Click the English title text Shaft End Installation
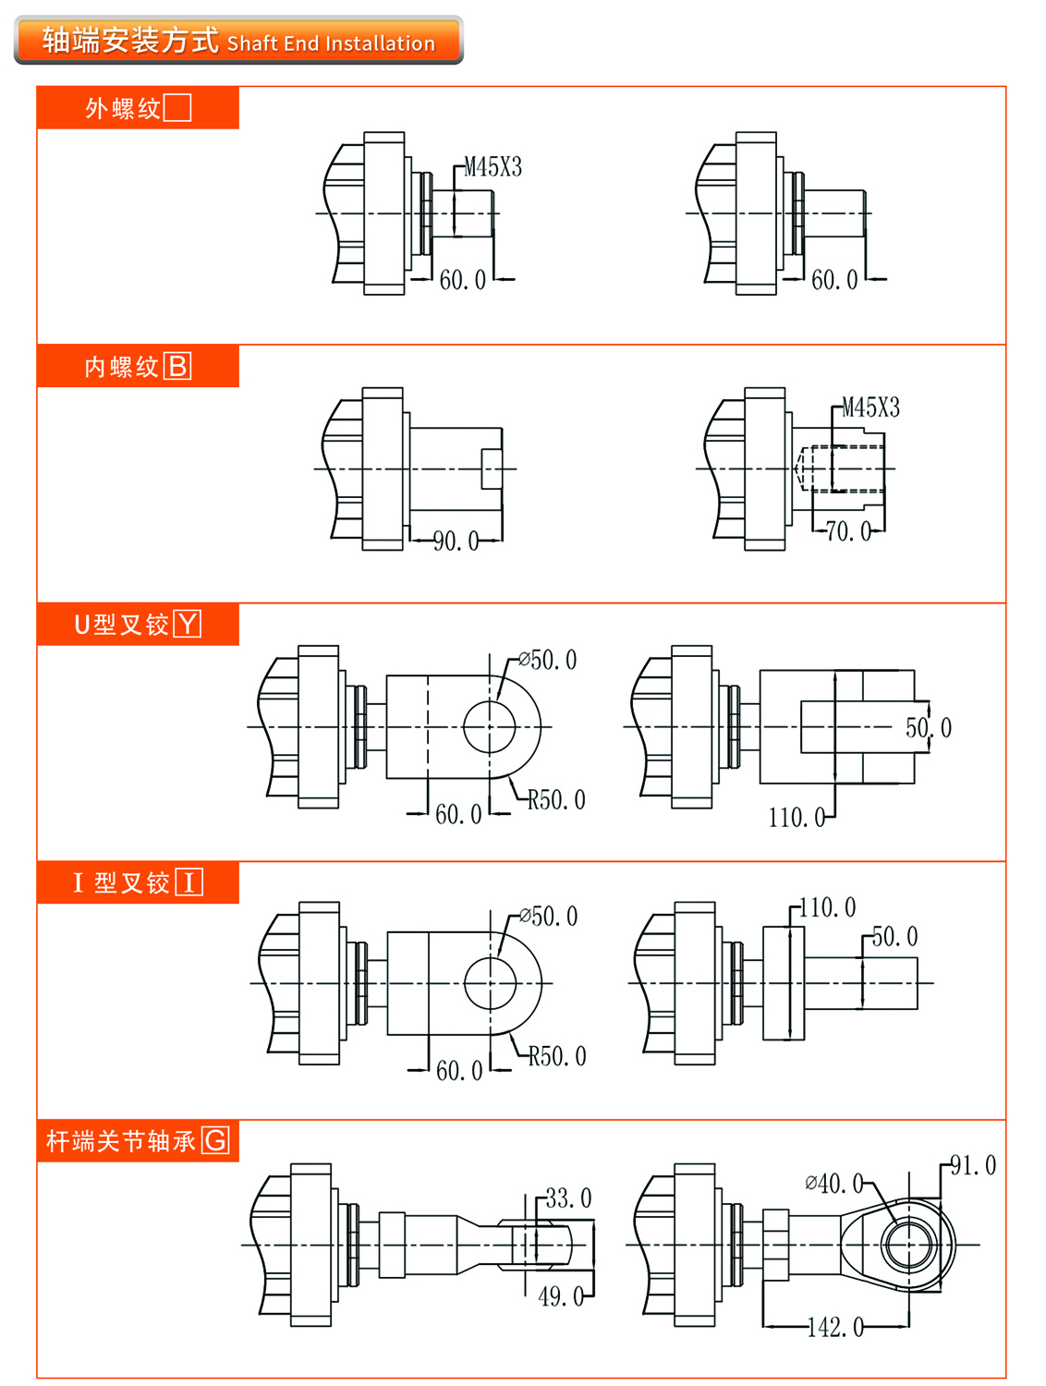point(331,43)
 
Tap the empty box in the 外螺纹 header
point(177,108)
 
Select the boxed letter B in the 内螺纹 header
point(177,367)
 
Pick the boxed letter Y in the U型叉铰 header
point(188,625)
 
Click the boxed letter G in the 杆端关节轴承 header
point(215,1141)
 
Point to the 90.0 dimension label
point(456,541)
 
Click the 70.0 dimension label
point(847,532)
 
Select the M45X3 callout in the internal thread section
point(870,408)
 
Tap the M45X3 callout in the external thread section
point(493,167)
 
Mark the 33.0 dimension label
point(568,1199)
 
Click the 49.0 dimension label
point(561,1297)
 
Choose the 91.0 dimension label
point(973,1166)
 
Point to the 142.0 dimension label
point(835,1328)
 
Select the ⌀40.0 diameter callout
point(833,1184)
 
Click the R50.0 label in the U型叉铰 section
point(556,800)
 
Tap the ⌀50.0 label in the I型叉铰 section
point(548,917)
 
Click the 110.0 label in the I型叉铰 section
point(827,908)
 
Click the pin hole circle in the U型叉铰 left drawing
point(489,727)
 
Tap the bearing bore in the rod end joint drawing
point(909,1245)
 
